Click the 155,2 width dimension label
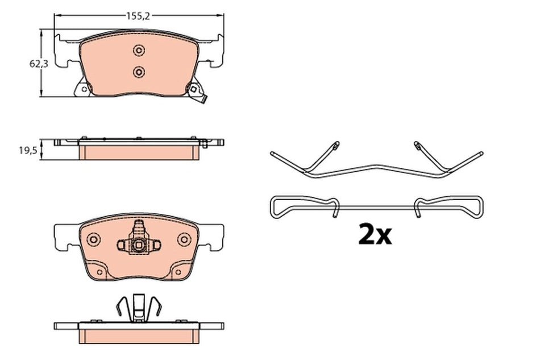[139, 16]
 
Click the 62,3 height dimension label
[39, 64]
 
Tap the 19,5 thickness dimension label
[27, 150]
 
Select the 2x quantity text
[375, 234]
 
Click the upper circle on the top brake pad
[139, 51]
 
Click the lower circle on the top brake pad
[139, 72]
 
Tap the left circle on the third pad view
[94, 239]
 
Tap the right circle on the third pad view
[184, 239]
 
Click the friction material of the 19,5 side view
[139, 152]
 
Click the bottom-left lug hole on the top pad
[84, 89]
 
